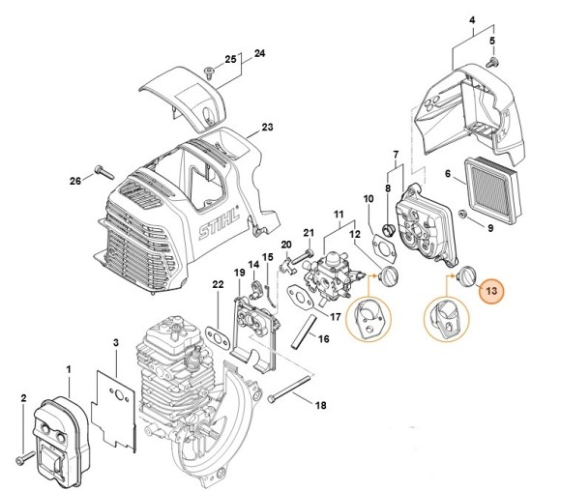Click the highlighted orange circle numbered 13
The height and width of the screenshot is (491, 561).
pos(490,290)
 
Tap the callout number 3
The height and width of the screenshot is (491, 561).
pos(115,342)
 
